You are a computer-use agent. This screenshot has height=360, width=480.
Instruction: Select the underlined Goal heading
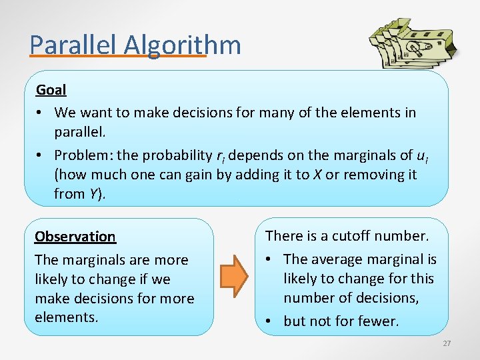(51, 89)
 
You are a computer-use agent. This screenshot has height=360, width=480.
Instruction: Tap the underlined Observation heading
(75, 237)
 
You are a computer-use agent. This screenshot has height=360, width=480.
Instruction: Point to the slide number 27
(446, 343)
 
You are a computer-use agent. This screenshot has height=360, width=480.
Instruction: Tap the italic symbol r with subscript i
(221, 156)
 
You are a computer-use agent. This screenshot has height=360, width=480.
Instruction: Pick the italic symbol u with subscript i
(421, 156)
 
